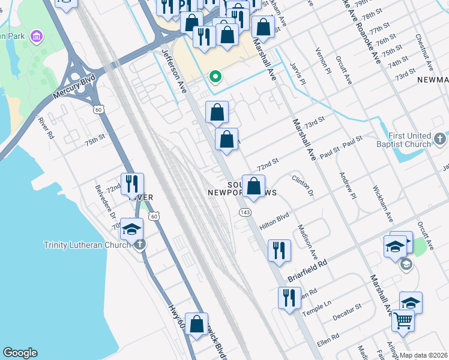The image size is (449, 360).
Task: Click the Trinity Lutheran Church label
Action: click(86, 245)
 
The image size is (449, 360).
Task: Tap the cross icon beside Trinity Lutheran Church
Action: click(140, 244)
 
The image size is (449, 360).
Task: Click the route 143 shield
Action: click(244, 212)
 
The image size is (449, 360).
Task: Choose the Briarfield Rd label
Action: click(307, 272)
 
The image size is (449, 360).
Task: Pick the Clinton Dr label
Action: click(303, 185)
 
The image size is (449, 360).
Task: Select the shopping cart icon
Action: click(403, 320)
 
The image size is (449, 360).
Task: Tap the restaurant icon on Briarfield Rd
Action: click(279, 250)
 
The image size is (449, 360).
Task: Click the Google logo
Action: click(20, 353)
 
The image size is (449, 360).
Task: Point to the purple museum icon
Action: click(37, 37)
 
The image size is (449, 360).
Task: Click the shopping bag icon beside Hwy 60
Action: click(196, 324)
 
